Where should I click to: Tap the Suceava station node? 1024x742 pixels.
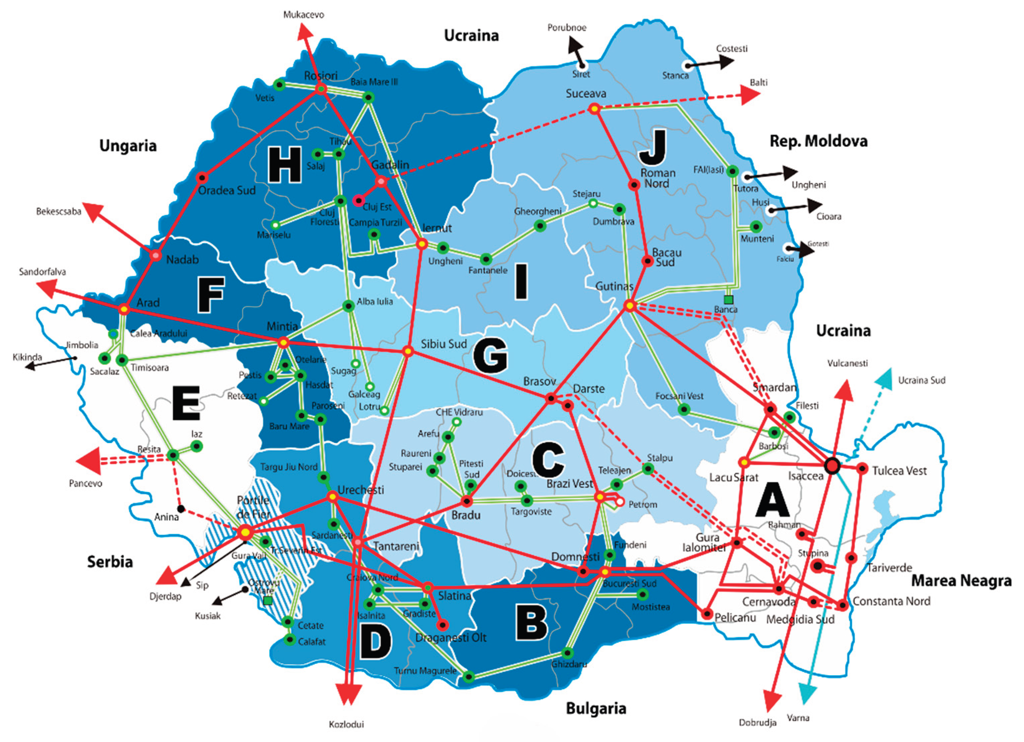coord(595,109)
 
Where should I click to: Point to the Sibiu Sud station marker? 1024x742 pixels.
coord(408,351)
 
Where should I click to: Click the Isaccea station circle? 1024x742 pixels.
coord(832,466)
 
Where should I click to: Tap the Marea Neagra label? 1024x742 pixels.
coord(961,581)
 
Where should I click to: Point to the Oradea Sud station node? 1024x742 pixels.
coord(202,177)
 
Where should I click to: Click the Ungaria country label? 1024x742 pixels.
coord(128,146)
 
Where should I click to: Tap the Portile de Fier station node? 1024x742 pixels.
coord(245,532)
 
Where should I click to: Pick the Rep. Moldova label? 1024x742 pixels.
coord(818,141)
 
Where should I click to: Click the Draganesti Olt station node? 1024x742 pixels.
coord(443,625)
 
